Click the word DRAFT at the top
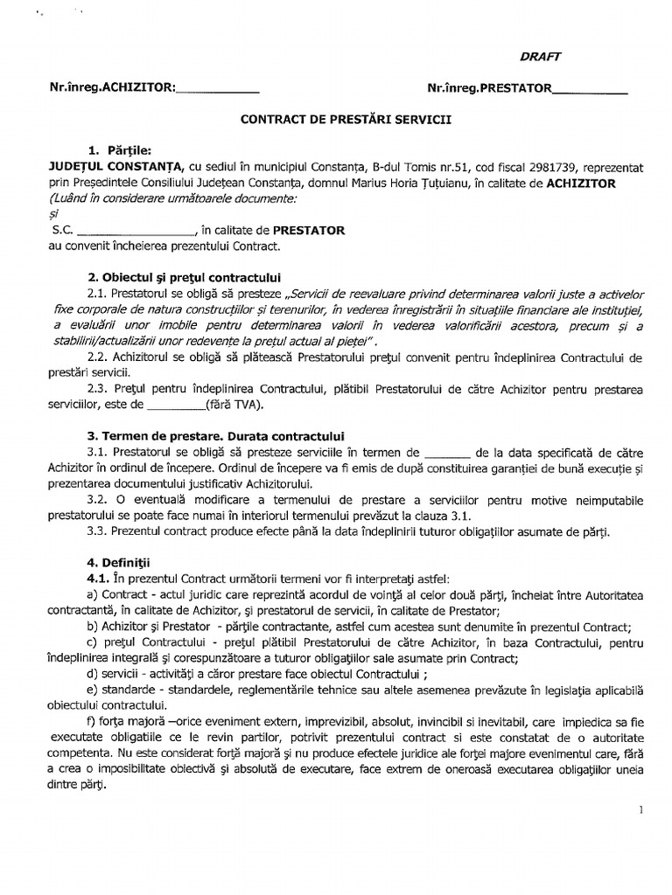coord(541,56)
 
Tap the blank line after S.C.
coord(136,232)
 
